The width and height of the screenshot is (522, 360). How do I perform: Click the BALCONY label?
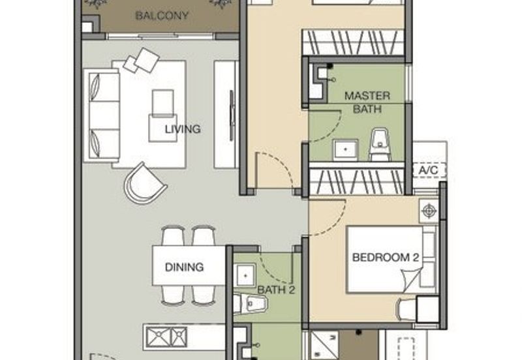[162, 16]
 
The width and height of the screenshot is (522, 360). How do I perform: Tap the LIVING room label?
[182, 129]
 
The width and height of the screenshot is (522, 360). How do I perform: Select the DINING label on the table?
[183, 267]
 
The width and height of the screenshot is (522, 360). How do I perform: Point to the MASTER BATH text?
[367, 102]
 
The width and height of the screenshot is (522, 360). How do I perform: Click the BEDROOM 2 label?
[385, 258]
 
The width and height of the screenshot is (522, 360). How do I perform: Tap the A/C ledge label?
[428, 170]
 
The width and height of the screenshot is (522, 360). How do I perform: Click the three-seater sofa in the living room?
[104, 115]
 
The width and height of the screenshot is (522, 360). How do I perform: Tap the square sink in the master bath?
[343, 149]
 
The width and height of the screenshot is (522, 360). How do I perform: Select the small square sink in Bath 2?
[244, 276]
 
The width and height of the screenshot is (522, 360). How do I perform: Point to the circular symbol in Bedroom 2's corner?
[429, 211]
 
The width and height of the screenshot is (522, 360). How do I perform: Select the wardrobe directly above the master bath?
[352, 42]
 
